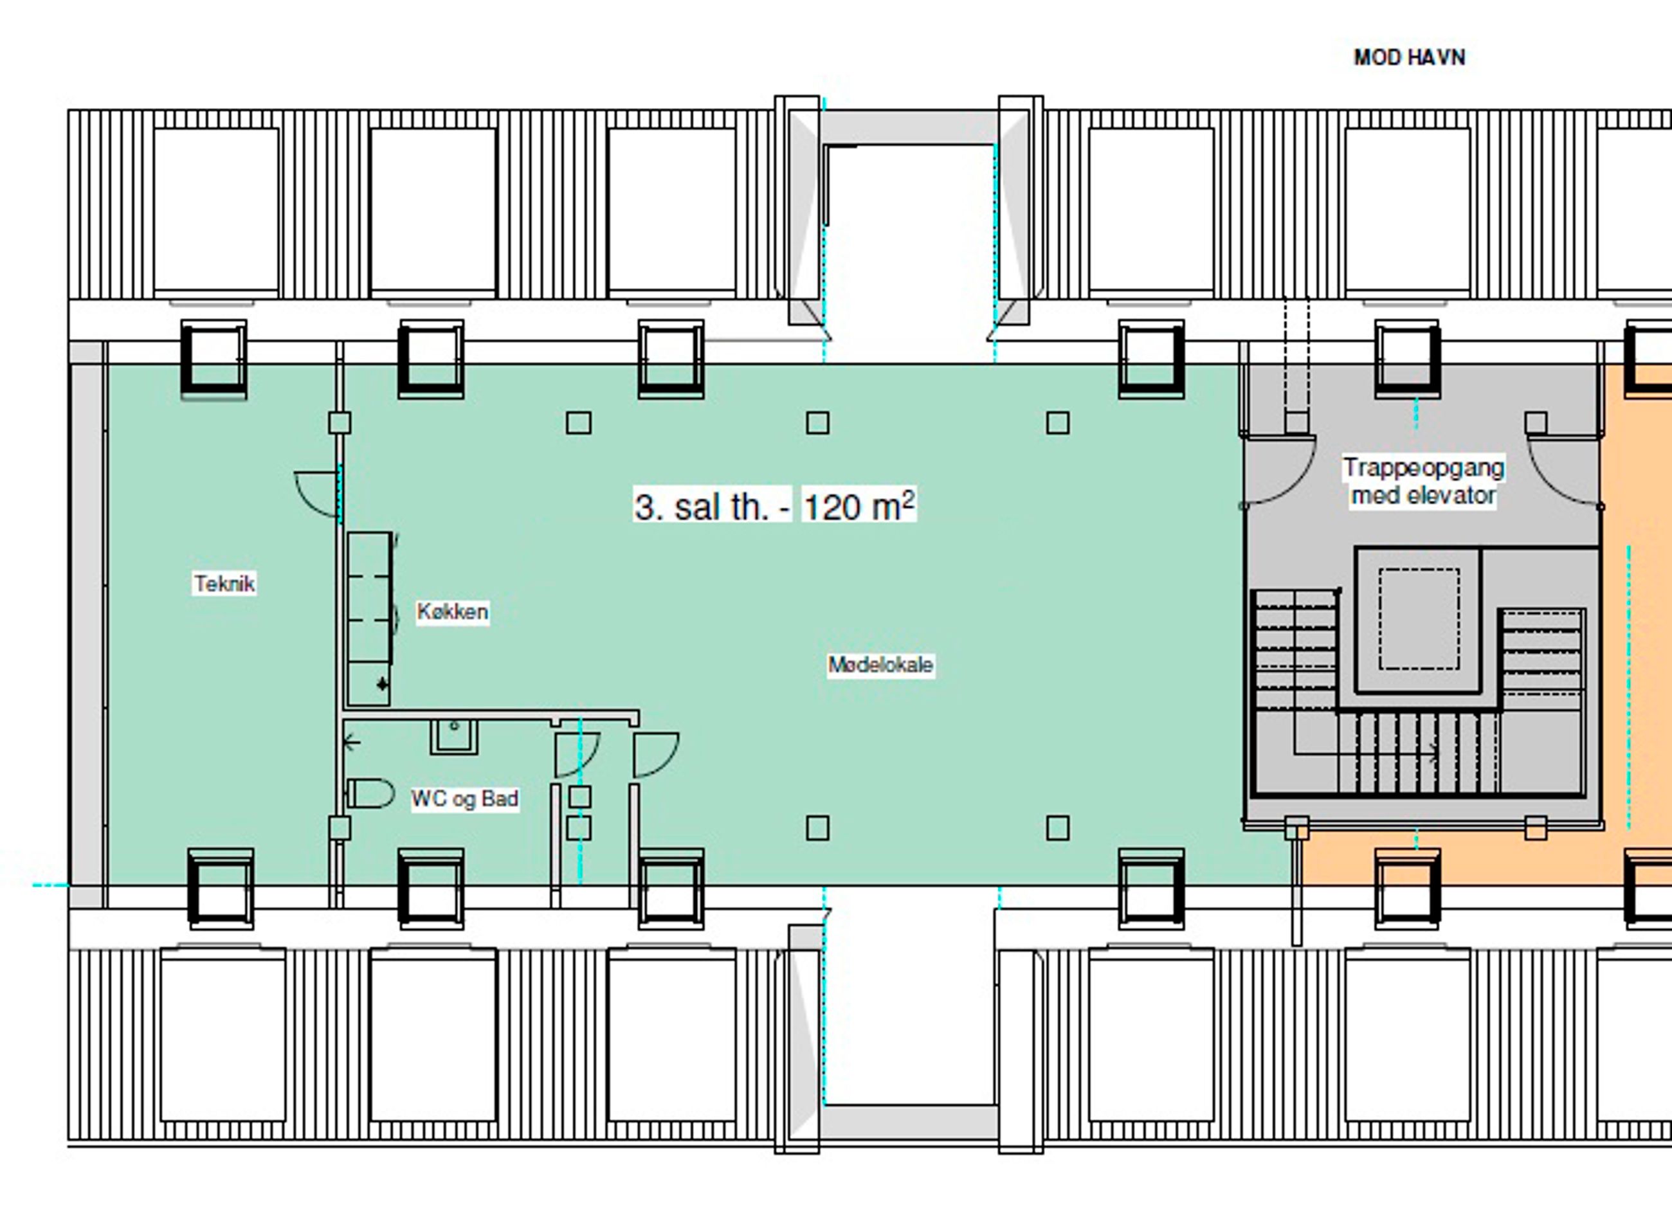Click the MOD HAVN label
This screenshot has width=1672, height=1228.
[x=1409, y=57]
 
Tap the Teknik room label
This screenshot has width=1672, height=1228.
[x=224, y=584]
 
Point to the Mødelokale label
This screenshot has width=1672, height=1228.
[x=880, y=665]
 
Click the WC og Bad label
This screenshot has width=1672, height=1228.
[x=465, y=799]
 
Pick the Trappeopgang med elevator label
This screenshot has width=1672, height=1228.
[x=1423, y=482]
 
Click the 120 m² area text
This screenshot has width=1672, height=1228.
[x=859, y=506]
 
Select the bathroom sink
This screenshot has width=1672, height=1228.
[x=453, y=736]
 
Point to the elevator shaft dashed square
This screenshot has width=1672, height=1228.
[x=1419, y=619]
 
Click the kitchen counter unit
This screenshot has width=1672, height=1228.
[x=370, y=619]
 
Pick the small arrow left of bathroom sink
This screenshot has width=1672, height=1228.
[x=353, y=741]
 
